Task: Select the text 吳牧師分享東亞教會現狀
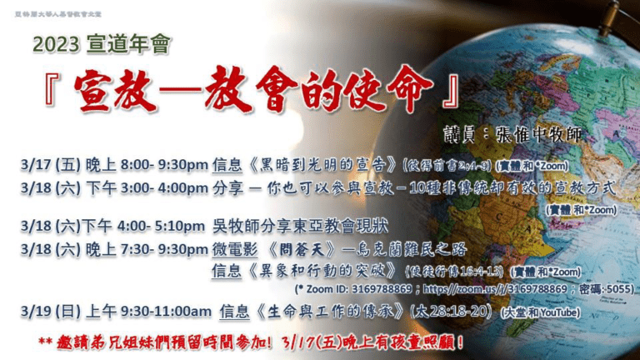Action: tap(301, 225)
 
